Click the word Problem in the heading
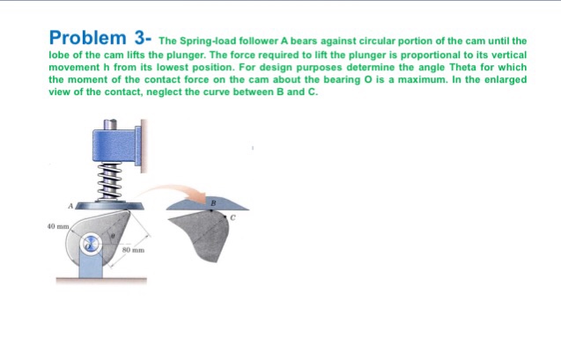[87, 38]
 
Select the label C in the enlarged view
[233, 217]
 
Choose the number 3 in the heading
[140, 38]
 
